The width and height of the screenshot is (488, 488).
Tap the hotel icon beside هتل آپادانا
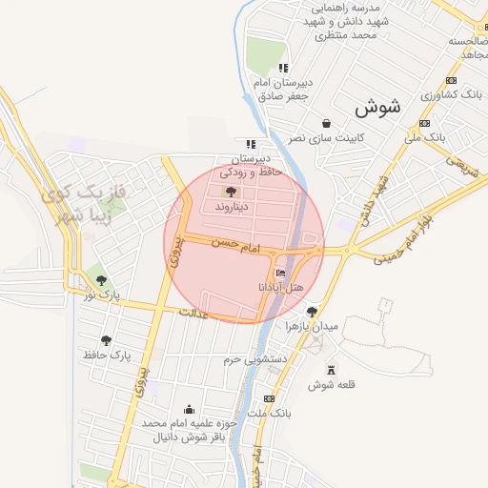pyautogui.click(x=266, y=274)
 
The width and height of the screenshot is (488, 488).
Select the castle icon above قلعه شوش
pyautogui.click(x=331, y=370)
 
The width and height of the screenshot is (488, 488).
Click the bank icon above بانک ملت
pyautogui.click(x=270, y=397)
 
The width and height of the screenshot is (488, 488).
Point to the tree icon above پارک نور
pyautogui.click(x=101, y=280)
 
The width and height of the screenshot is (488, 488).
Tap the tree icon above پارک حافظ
pyautogui.click(x=106, y=340)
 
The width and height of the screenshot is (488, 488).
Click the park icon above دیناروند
pyautogui.click(x=232, y=192)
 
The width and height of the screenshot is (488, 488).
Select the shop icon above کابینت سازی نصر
pyautogui.click(x=327, y=123)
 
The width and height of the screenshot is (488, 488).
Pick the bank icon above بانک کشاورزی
pyautogui.click(x=450, y=81)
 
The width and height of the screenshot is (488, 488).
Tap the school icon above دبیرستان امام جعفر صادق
pyautogui.click(x=283, y=68)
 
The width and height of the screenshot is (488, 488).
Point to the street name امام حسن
pyautogui.click(x=237, y=245)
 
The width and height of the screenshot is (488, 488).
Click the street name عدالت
pyautogui.click(x=193, y=313)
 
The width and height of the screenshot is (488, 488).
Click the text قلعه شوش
pyautogui.click(x=331, y=385)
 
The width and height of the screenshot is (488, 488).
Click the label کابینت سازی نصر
pyautogui.click(x=327, y=138)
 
